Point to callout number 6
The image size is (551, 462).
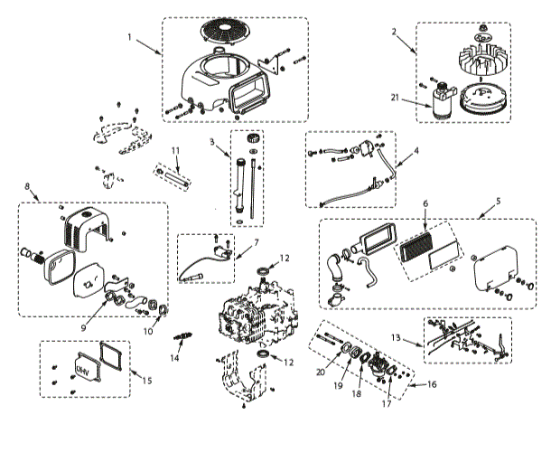click(x=425, y=204)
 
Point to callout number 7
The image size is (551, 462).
click(x=256, y=242)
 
